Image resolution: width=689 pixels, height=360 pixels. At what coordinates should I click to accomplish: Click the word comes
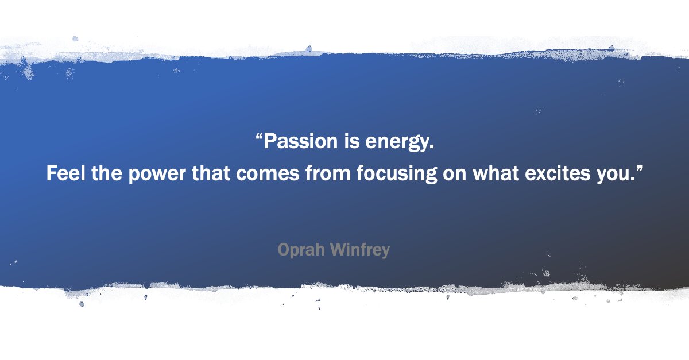[x=268, y=173]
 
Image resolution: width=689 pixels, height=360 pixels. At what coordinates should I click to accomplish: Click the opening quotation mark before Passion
[x=259, y=137]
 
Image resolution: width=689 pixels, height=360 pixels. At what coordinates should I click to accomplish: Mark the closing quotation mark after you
[x=637, y=169]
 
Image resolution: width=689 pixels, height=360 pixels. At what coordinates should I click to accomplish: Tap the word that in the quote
[x=210, y=173]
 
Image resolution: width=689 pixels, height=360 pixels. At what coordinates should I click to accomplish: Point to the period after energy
[x=431, y=146]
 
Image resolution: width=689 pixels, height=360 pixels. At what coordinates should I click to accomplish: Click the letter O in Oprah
[x=284, y=250]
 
